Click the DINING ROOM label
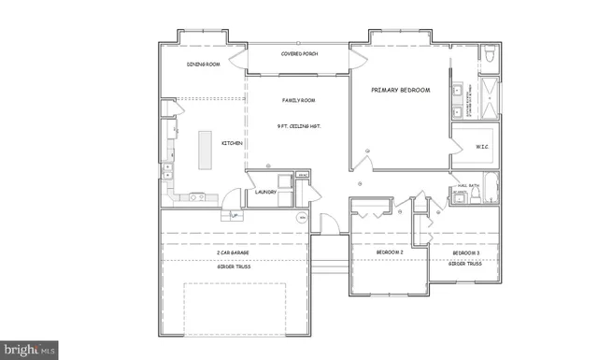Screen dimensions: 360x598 pyautogui.click(x=203, y=65)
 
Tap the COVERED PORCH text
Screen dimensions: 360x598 pyautogui.click(x=300, y=54)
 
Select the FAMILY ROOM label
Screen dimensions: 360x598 pyautogui.click(x=299, y=100)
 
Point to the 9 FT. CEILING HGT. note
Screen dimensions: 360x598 pyautogui.click(x=299, y=125)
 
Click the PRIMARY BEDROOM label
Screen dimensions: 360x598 pyautogui.click(x=400, y=90)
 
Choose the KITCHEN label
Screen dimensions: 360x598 pyautogui.click(x=232, y=143)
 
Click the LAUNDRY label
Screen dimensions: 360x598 pyautogui.click(x=265, y=193)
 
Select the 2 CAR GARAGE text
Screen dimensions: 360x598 pyautogui.click(x=232, y=252)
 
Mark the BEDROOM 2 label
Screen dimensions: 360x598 pyautogui.click(x=389, y=252)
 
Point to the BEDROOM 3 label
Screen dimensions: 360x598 pyautogui.click(x=466, y=252)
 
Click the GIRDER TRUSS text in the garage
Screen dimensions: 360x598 pyautogui.click(x=232, y=266)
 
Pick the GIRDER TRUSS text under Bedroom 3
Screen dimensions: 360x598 pyautogui.click(x=464, y=264)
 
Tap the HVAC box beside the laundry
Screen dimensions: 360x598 pyautogui.click(x=303, y=176)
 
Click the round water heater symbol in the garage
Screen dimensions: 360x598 pyautogui.click(x=302, y=217)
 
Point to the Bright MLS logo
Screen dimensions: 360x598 pyautogui.click(x=30, y=351)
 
